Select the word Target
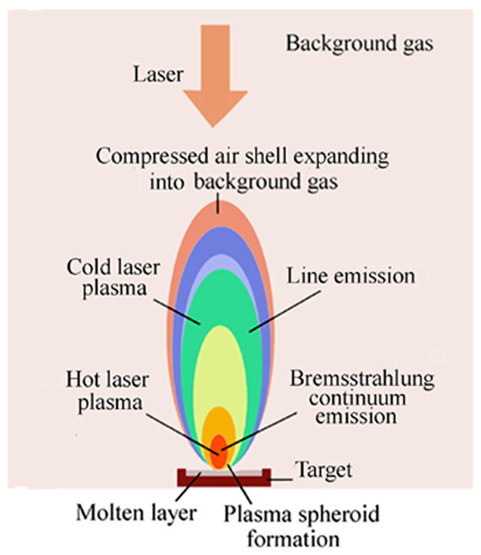[x=323, y=470]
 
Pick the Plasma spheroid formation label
[x=284, y=520]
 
